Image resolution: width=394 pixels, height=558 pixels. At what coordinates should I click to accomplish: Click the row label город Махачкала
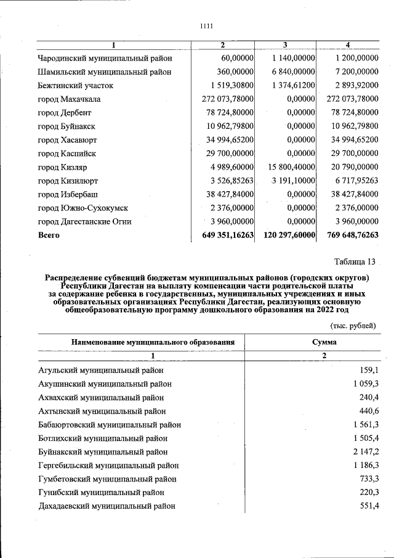point(69,99)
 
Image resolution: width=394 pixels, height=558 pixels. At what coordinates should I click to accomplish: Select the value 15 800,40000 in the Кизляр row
point(292,167)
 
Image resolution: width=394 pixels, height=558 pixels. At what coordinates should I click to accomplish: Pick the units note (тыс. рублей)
point(353,326)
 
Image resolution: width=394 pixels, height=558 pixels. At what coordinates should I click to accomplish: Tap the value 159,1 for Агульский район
point(368,371)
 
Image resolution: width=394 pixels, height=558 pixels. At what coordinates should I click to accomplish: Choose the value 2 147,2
point(366,452)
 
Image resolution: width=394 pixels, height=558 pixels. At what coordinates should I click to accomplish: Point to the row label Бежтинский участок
point(76,86)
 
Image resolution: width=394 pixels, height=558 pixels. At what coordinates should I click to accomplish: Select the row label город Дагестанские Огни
point(84,221)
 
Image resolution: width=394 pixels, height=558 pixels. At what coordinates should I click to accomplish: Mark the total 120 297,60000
point(289,235)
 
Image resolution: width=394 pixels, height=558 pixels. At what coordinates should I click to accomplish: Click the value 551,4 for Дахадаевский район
point(368,506)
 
